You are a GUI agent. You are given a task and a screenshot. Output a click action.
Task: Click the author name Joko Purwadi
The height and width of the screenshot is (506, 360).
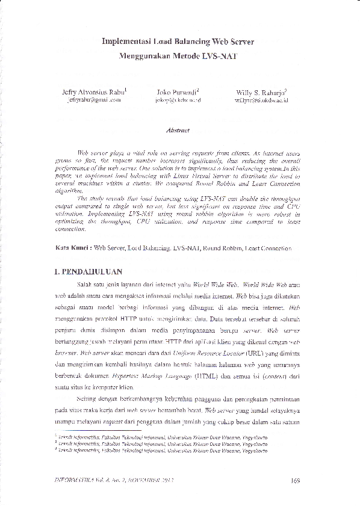(x=177, y=92)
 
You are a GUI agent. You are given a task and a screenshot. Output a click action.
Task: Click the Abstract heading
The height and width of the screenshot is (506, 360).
(x=178, y=130)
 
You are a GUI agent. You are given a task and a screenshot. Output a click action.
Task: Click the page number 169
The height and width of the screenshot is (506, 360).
(x=295, y=480)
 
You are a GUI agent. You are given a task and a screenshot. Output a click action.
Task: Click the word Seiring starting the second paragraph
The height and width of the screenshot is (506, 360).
(x=88, y=398)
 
